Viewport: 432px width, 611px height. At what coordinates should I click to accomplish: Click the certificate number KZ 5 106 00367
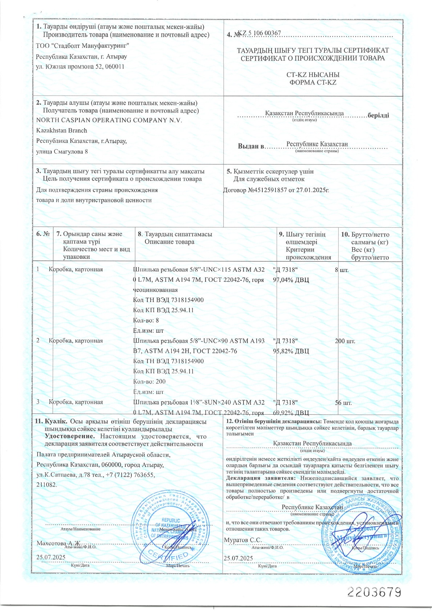259,33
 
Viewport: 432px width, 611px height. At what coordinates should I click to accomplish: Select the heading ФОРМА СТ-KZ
313,82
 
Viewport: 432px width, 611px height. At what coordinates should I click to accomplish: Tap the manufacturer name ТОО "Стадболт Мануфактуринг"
82,46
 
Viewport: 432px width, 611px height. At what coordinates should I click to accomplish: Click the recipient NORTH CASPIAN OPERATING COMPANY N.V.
109,120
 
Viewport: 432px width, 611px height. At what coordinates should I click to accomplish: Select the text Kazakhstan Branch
62,131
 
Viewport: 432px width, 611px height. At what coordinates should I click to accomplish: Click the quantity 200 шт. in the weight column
345,341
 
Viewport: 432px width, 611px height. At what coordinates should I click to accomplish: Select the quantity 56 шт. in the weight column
343,403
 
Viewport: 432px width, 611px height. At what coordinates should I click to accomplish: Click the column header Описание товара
170,242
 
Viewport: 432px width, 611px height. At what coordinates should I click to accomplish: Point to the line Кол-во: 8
146,320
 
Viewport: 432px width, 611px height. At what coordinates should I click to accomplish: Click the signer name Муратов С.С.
243,540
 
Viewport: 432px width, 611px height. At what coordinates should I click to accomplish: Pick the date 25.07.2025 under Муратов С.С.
238,558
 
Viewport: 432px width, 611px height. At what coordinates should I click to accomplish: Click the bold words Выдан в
250,146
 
